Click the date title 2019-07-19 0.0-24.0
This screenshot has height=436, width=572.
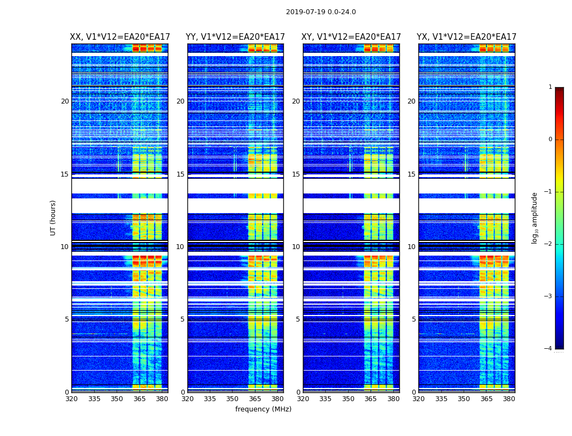[x=321, y=12]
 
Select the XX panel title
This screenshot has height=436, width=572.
[x=120, y=37]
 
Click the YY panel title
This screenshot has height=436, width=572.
[x=235, y=37]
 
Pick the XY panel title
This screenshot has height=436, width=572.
[x=351, y=37]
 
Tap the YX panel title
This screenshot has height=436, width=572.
[x=467, y=37]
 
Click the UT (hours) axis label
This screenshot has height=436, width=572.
[x=53, y=217]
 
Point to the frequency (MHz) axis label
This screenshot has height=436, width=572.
[x=263, y=409]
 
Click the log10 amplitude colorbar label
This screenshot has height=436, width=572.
[x=535, y=217]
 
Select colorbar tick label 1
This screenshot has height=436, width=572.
[x=550, y=87]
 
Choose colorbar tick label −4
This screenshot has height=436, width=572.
[x=549, y=349]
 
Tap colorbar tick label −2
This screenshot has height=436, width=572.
[x=549, y=244]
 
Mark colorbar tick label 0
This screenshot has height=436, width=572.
[x=550, y=140]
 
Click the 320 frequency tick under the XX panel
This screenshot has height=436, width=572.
[x=71, y=399]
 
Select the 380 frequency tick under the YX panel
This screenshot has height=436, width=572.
[x=509, y=399]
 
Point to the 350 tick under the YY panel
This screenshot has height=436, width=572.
[x=233, y=399]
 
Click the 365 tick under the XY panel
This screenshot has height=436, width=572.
[x=370, y=399]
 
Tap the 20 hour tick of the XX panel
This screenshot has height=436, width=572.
[x=65, y=101]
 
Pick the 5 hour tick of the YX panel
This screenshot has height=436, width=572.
[x=413, y=319]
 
